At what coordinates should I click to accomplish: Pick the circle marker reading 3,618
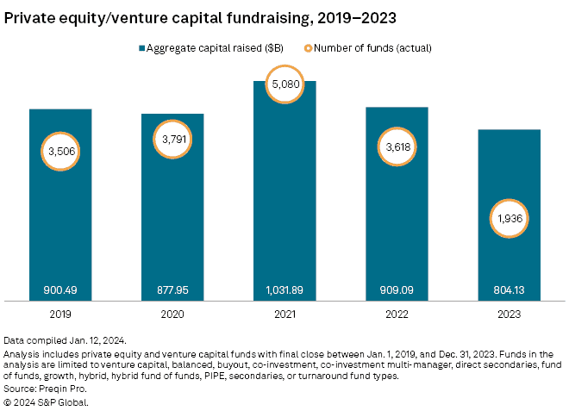pyautogui.click(x=397, y=146)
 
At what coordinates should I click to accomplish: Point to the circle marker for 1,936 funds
pyautogui.click(x=509, y=220)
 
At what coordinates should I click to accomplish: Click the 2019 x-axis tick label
pyautogui.click(x=60, y=314)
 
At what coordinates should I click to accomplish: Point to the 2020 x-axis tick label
pyautogui.click(x=172, y=314)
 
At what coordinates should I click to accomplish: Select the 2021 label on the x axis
pyautogui.click(x=284, y=314)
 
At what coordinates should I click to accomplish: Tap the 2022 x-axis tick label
pyautogui.click(x=397, y=314)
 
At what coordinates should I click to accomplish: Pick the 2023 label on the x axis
pyautogui.click(x=509, y=314)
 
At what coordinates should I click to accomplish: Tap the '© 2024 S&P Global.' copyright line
pyautogui.click(x=46, y=401)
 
